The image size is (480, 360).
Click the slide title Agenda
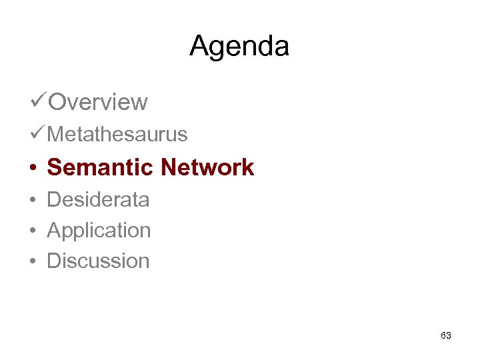tap(239, 47)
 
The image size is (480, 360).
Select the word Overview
tap(98, 102)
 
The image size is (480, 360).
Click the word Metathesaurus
tap(117, 135)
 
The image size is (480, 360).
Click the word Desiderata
tap(98, 199)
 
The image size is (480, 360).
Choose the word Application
tap(99, 231)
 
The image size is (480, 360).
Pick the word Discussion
tap(98, 261)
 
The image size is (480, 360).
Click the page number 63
tap(446, 335)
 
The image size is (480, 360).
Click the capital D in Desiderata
tap(54, 199)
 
